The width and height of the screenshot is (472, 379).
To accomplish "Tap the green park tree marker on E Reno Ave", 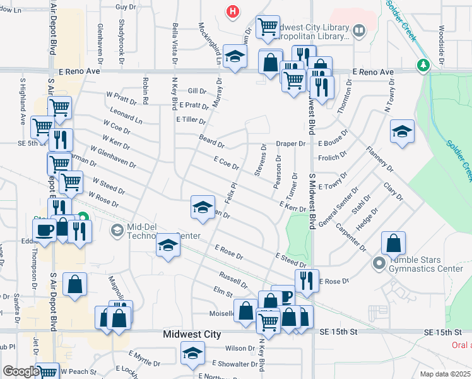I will pos(422,65).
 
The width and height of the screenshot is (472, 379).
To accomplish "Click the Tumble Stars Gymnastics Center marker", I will pos(379,263).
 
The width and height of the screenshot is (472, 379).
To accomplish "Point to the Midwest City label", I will pos(192,334).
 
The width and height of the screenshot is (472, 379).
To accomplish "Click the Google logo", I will pos(21,371).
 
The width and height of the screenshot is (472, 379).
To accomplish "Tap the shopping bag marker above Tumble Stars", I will pos(393,243).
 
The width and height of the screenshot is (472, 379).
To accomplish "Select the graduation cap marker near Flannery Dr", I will pos(402,131).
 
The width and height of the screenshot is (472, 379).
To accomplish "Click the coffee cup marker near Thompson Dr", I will pos(44,229).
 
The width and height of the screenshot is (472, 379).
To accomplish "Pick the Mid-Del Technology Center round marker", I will pos(116,231).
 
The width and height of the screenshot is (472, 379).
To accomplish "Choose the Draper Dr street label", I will pos(293,144).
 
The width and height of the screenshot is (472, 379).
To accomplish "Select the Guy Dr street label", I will pos(126,6).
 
